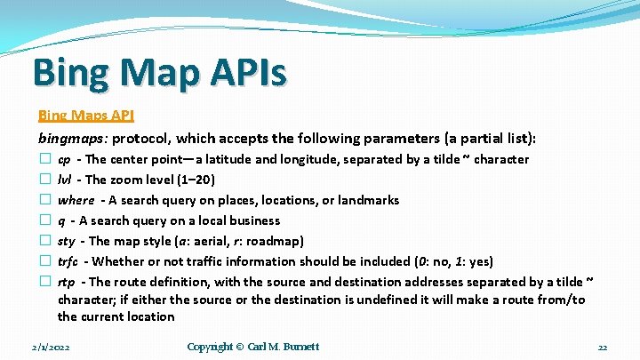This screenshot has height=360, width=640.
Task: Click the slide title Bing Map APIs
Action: (159, 72)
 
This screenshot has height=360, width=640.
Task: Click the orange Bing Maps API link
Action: (85, 116)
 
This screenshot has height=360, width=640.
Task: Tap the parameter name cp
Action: (64, 160)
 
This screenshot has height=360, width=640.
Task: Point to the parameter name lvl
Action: (64, 180)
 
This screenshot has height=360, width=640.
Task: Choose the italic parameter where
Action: (76, 200)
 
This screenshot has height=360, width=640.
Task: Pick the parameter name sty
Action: (66, 241)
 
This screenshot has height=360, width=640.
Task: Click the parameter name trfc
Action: (68, 261)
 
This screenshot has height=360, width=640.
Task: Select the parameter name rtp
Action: (65, 282)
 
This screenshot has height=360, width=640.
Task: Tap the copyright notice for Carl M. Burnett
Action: (253, 347)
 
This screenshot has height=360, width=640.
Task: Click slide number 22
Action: (602, 347)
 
